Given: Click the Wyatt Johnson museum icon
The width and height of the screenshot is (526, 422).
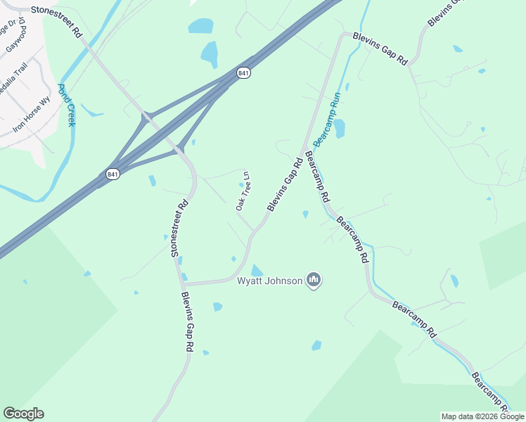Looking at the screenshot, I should (314, 281).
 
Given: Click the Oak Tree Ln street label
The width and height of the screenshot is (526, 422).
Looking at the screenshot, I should (243, 192).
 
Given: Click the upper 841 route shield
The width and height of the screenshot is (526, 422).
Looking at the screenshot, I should (243, 73).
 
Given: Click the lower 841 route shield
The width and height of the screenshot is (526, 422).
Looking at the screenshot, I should (112, 174).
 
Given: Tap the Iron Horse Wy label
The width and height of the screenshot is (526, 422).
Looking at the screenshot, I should (32, 114).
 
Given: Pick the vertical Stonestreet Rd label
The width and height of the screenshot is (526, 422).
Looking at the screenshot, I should (179, 228).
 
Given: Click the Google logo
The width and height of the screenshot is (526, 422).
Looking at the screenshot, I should (23, 414).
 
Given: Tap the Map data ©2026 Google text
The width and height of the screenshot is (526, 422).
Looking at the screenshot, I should (483, 416).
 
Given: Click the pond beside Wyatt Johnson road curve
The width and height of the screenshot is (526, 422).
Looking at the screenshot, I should (257, 271).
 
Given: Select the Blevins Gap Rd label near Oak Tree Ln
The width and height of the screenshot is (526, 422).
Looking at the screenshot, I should (285, 184).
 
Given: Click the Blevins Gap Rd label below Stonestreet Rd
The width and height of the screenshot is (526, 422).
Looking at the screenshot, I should (187, 321).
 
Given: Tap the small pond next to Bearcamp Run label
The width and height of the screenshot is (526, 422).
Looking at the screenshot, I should (339, 128).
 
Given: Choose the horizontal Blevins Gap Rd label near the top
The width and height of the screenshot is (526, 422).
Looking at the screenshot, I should (380, 49).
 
